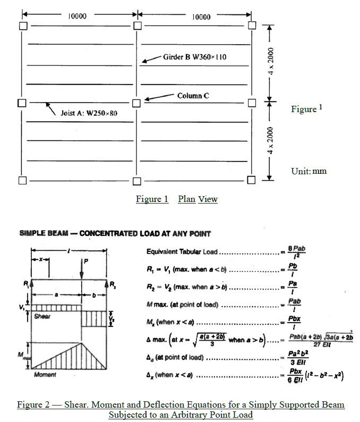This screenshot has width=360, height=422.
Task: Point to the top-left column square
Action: pos(22,26)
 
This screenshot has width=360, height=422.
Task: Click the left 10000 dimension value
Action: pos(78,16)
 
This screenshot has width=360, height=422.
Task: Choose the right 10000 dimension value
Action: pos(201,16)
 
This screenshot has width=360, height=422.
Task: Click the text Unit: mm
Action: pos(309,171)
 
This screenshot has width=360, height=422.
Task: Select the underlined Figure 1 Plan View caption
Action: pos(176,199)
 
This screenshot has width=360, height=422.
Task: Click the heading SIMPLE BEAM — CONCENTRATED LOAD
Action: pos(115,233)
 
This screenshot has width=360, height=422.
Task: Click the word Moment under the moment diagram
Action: pos(45,375)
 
